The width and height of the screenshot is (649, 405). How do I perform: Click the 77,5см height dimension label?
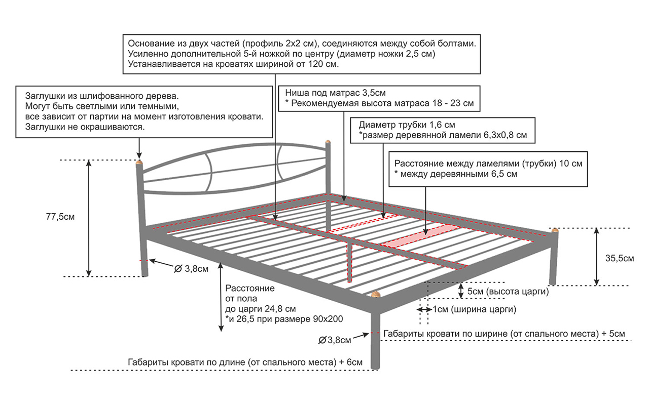pos(60,217)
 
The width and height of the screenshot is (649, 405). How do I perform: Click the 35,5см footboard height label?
pos(620,258)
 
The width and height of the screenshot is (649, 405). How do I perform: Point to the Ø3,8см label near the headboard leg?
pos(191,269)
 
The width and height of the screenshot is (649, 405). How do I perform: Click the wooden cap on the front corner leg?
pos(375,294)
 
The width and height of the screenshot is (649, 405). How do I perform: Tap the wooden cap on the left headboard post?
pos(139,163)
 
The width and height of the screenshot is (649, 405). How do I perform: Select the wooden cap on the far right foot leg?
pos(555,230)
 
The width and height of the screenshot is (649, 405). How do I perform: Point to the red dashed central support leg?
pos(349,261)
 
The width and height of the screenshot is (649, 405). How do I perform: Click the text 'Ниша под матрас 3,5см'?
pos(335,94)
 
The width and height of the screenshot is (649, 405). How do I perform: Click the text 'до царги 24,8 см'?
pos(261,308)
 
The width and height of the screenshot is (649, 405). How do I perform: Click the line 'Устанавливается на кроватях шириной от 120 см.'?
pos(233,64)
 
